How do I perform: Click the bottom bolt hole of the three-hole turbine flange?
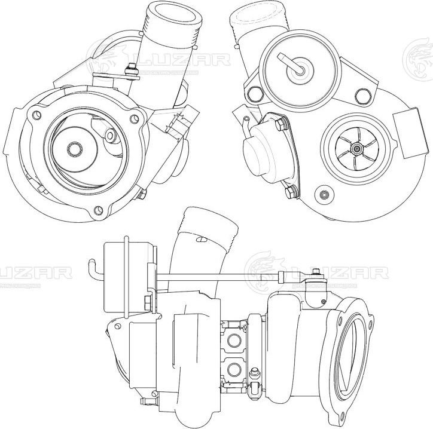pos(99,210)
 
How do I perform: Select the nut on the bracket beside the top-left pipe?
pos(126,72)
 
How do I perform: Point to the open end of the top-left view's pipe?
pos(173,11)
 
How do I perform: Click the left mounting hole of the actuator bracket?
pos(257,93)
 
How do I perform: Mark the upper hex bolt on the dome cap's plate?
pos(279,124)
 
